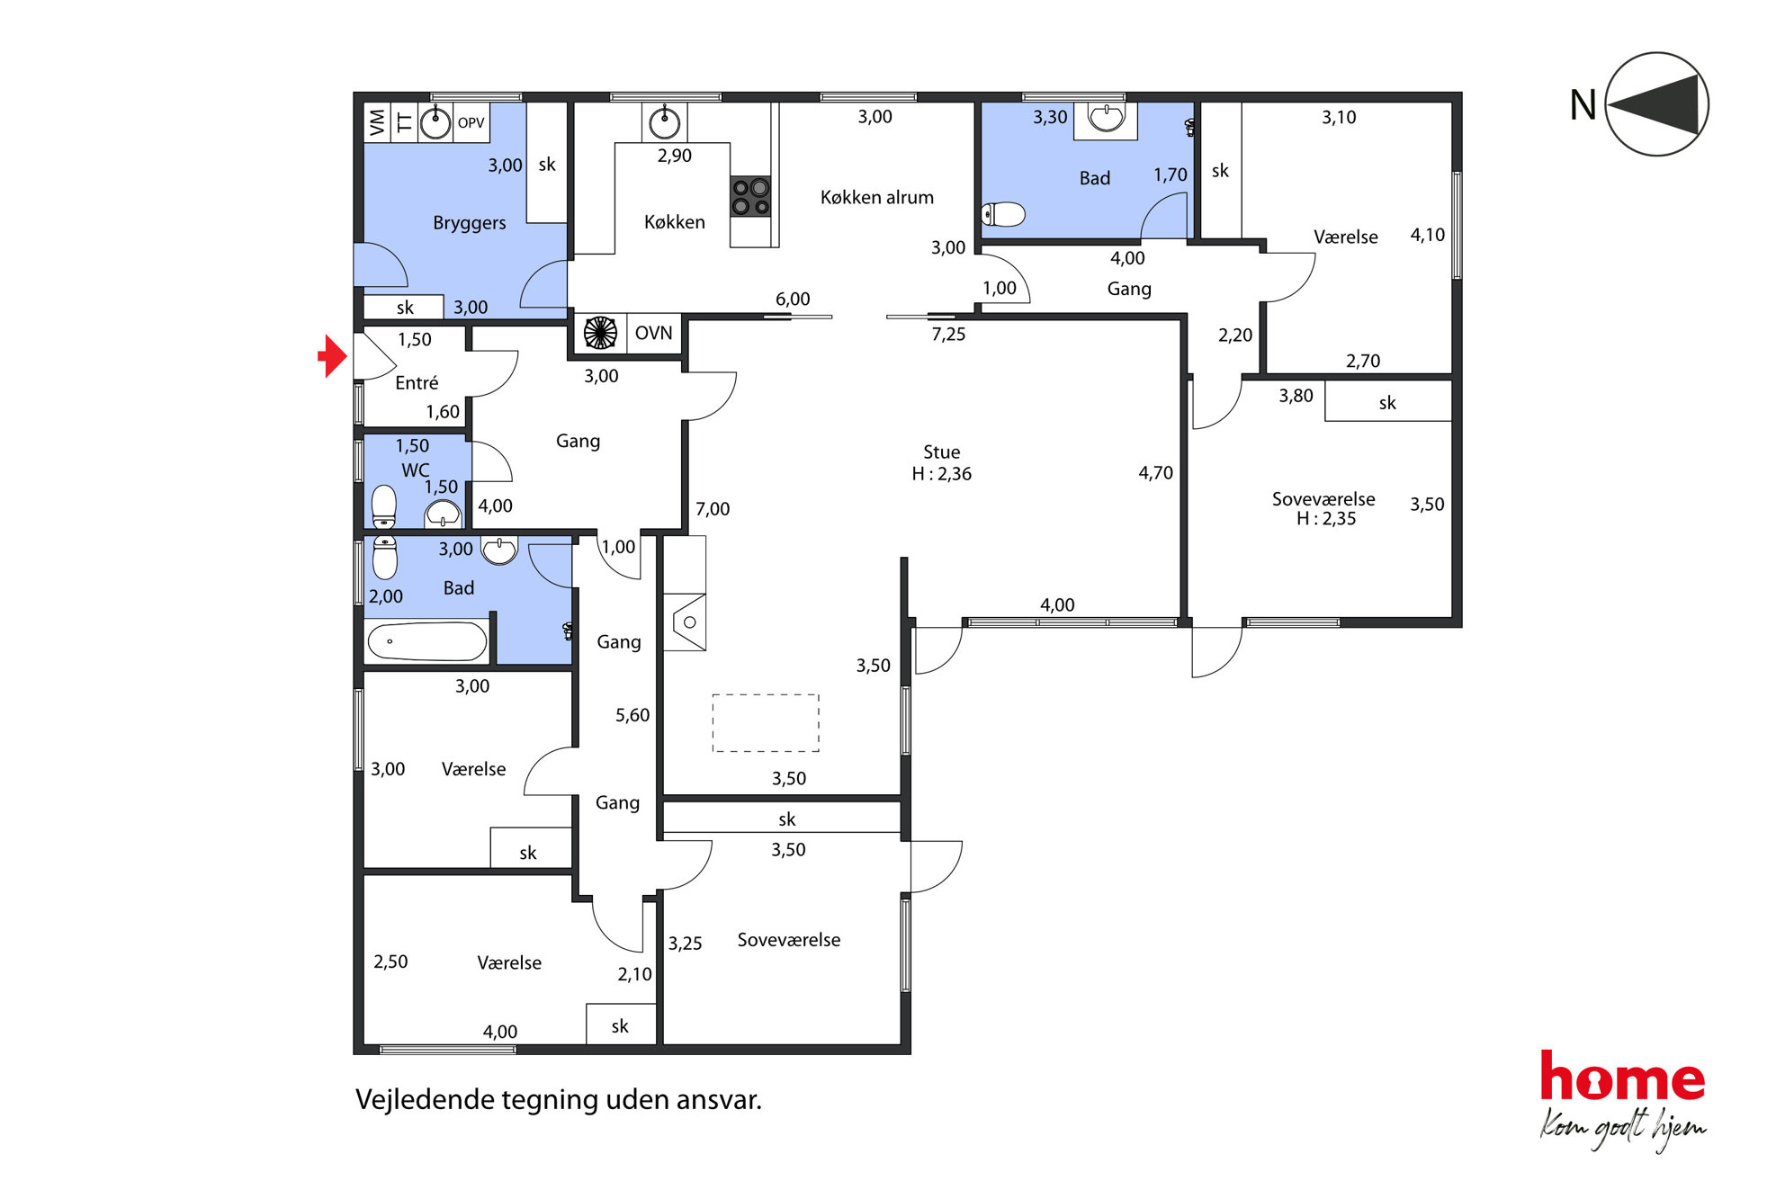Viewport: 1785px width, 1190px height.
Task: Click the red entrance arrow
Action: tap(333, 356)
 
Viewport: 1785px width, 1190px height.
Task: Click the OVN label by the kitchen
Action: tap(653, 333)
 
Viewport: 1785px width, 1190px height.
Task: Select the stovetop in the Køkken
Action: tap(750, 197)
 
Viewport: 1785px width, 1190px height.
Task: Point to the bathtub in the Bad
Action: tap(427, 641)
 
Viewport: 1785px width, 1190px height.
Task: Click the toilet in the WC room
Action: tap(384, 506)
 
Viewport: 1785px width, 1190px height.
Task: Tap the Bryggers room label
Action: tap(469, 222)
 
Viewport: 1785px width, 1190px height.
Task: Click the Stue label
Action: tap(941, 452)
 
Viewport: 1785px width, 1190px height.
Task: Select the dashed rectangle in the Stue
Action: tap(766, 722)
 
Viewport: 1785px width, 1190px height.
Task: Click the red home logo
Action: tap(1622, 1077)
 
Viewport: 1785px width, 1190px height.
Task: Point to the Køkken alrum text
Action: tap(876, 197)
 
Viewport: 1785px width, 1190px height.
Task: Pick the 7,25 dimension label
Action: tap(948, 335)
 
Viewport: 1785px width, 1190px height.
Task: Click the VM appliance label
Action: tap(377, 122)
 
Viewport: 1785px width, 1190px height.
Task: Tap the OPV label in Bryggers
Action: tap(471, 123)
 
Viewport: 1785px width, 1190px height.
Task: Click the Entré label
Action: tap(417, 382)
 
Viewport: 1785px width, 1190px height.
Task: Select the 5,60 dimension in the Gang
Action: tap(632, 715)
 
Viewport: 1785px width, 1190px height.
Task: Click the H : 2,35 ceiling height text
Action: tap(1325, 518)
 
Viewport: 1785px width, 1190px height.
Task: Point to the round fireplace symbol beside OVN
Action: tap(600, 333)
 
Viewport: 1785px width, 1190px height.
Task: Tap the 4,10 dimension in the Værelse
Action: tap(1427, 235)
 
